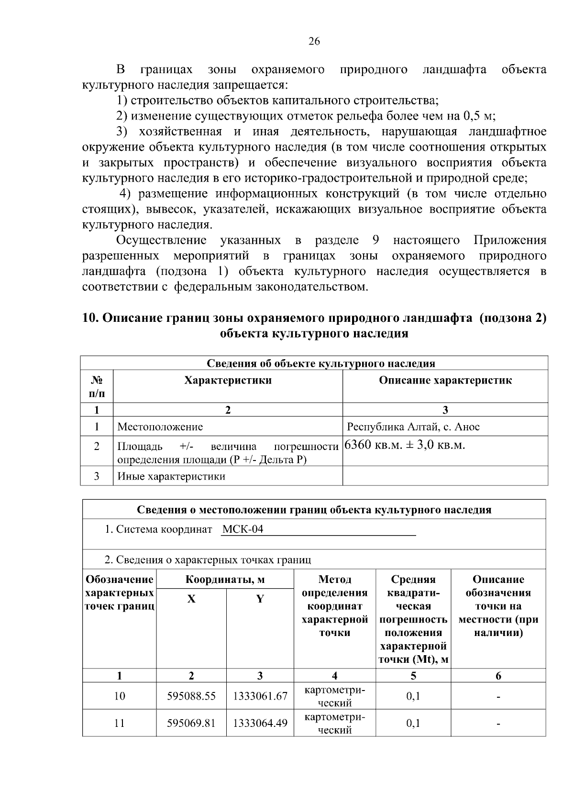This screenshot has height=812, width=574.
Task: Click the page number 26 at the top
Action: pos(314,42)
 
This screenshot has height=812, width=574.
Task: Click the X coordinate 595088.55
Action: pos(191,696)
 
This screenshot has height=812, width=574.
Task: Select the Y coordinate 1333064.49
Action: pos(260,723)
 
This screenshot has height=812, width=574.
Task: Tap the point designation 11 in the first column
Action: pos(119,723)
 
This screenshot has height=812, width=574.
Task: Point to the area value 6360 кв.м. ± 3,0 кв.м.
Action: pos(405,445)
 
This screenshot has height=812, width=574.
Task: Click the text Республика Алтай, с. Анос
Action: pos(413,427)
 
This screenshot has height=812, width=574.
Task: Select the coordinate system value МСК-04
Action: pos(243,529)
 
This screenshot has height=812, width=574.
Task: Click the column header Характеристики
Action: pos(228,381)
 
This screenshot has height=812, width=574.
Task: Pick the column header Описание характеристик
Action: pos(445,381)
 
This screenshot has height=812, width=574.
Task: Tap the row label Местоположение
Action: pos(160,427)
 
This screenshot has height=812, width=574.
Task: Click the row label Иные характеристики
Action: pos(171,476)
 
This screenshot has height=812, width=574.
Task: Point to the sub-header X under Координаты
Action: pos(191,599)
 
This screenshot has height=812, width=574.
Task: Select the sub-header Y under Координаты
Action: pos(260,599)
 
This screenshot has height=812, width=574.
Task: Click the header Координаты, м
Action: pos(225,580)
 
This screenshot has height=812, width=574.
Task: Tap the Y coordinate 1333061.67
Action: pos(260,696)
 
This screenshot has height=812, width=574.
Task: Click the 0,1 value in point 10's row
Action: pos(413,696)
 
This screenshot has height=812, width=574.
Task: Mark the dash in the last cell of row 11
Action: pos(498,724)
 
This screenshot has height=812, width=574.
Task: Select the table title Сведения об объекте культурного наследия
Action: pos(320,363)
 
